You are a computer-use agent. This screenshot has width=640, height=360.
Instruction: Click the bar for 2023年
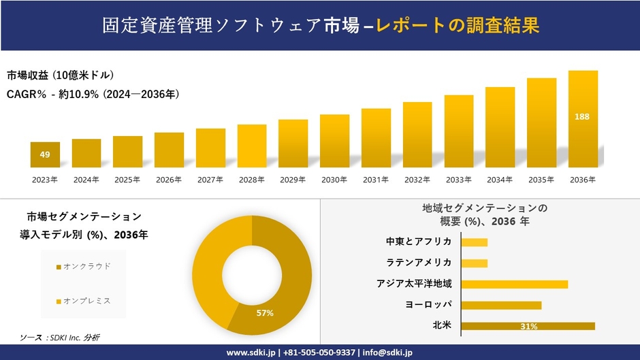tap(45, 154)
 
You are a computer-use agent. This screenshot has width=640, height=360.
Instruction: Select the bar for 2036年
tap(583, 119)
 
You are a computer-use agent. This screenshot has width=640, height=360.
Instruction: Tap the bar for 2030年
tap(334, 141)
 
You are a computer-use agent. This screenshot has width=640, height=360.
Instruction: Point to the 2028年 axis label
tap(251, 180)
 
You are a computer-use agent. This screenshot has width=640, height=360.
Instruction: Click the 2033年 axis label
tap(458, 180)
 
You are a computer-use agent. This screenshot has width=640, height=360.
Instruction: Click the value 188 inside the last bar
tap(582, 117)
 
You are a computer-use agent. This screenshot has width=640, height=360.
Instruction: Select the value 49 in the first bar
tap(45, 154)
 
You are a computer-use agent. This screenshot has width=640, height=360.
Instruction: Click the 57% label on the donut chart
tap(265, 313)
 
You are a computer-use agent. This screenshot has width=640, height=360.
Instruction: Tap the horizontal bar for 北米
tap(528, 326)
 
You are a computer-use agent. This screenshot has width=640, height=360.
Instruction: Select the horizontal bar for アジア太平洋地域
tap(514, 284)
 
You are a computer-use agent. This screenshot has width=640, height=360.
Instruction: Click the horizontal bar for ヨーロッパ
tap(501, 305)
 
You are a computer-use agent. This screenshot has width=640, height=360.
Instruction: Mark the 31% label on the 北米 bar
tap(529, 327)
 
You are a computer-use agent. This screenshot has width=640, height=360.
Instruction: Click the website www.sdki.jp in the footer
tap(251, 353)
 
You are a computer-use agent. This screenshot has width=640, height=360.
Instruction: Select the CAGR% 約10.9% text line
tap(93, 95)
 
